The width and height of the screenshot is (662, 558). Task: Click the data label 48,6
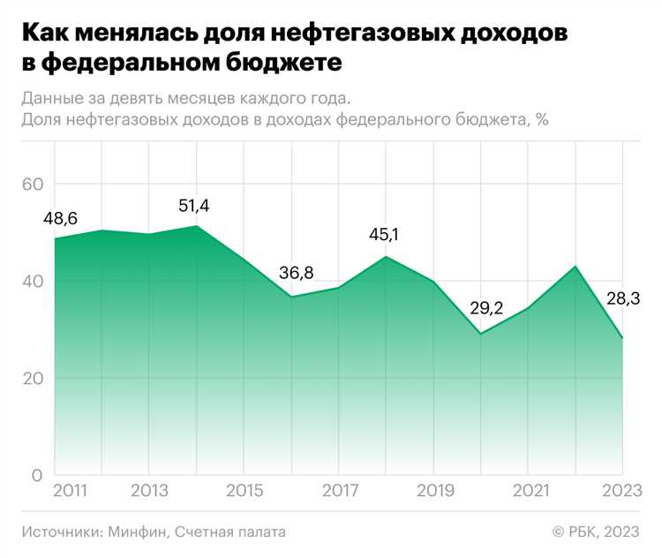[61, 218]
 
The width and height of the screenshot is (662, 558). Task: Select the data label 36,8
[295, 273]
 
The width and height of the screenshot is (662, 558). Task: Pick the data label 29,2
[484, 309]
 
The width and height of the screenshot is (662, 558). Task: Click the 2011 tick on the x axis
[71, 490]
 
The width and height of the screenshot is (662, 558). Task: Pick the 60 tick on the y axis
[33, 185]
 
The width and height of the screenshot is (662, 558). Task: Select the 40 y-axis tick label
[33, 282]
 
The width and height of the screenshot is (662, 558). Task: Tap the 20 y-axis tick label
[33, 379]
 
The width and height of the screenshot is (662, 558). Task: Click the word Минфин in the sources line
[138, 532]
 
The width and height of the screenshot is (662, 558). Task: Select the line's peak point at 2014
[196, 226]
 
